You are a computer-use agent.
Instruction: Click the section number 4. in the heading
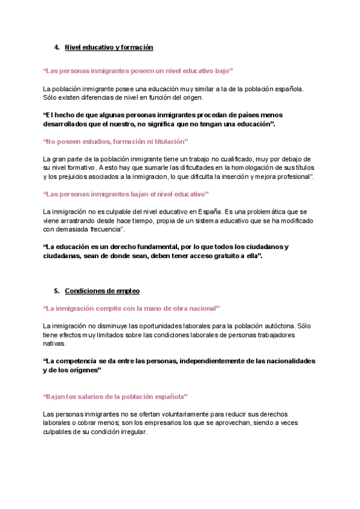[x=56, y=47]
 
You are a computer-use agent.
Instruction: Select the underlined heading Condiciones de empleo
[x=102, y=291]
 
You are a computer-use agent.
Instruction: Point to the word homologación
[x=252, y=167]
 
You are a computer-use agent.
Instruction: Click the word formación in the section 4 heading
[x=134, y=47]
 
